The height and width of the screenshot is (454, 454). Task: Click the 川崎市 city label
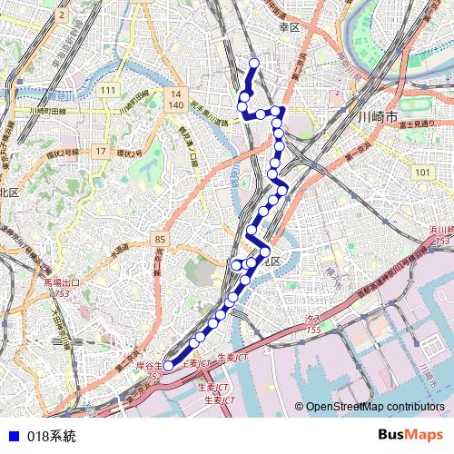click(378, 118)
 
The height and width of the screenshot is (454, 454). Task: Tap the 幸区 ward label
click(290, 28)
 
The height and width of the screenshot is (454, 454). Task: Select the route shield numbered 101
click(421, 172)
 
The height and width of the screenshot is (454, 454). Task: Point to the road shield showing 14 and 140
click(176, 99)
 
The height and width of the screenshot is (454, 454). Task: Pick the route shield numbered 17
click(100, 151)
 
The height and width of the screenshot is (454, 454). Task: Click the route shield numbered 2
click(61, 15)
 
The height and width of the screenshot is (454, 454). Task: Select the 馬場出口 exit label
click(62, 283)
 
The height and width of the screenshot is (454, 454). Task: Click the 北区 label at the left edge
click(9, 192)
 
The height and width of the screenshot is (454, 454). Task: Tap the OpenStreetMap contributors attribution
click(375, 407)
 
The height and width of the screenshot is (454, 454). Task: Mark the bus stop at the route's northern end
click(254, 63)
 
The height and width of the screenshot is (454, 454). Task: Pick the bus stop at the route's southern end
click(168, 369)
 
